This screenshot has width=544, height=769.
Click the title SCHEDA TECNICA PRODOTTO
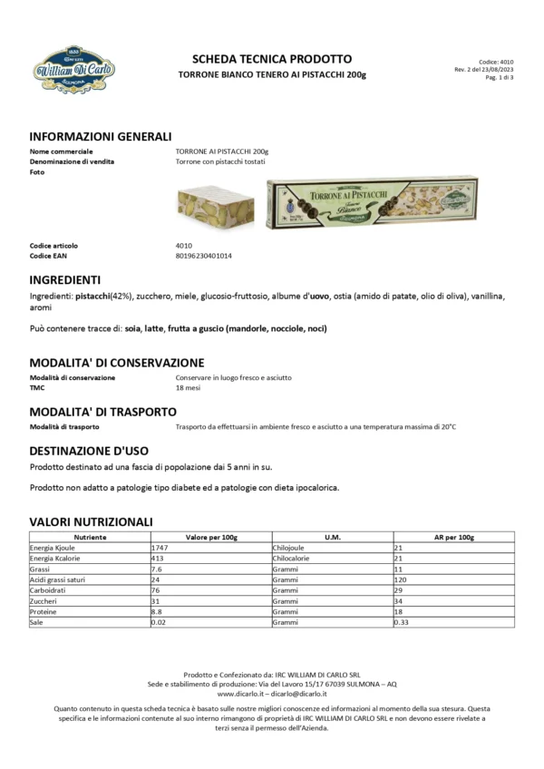point(271,59)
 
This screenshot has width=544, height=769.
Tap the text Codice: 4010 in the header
point(496,62)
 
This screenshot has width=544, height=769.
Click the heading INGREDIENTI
point(64,279)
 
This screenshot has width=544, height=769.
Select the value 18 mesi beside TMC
point(189,387)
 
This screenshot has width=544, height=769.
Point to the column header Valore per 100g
point(211,537)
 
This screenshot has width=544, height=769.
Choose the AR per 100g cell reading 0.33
point(403,623)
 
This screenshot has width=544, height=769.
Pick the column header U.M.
point(332,537)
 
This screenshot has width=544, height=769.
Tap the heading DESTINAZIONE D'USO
point(89,450)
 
